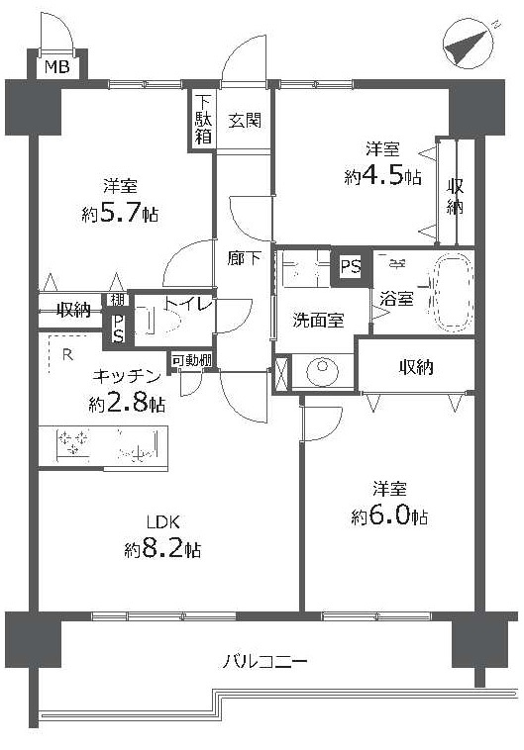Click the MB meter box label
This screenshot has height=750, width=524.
tap(57, 66)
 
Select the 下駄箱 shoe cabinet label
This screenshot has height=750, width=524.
tap(203, 120)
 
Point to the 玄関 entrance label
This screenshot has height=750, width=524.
tap(245, 120)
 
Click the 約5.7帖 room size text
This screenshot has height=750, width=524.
tap(120, 214)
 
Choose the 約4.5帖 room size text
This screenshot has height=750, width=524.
tap(382, 177)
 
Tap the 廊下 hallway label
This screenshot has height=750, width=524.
tap(245, 259)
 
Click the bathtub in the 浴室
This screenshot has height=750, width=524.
tap(453, 293)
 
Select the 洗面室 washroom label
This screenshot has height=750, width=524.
tap(318, 320)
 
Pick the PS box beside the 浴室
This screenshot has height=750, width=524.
tap(351, 266)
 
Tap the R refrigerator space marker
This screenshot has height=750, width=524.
tap(68, 355)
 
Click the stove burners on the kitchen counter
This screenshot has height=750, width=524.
tap(73, 442)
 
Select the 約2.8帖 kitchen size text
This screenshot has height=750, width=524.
tap(127, 404)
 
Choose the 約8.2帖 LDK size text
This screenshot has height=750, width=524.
tap(162, 550)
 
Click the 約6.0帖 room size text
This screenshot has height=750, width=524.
tap(389, 516)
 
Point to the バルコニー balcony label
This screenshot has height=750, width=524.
tap(263, 662)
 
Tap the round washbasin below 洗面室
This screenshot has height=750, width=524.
tap(322, 371)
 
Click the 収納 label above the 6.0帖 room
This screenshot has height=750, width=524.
tap(416, 367)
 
